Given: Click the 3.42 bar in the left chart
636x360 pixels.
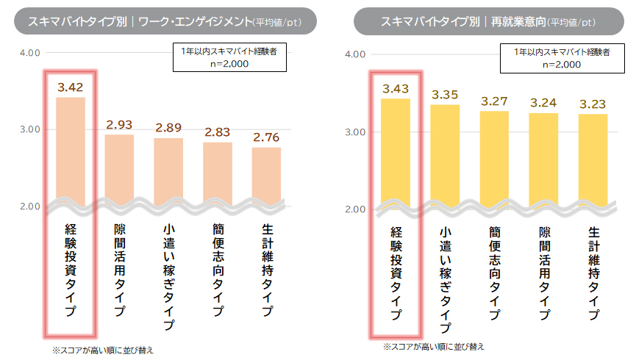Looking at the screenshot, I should click(x=70, y=147).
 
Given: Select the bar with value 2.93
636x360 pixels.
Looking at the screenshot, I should click(x=119, y=166).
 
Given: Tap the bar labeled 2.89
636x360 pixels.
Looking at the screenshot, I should click(x=168, y=168).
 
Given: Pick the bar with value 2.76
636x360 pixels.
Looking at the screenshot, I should click(x=266, y=172).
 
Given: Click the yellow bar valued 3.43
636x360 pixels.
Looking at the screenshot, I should click(x=396, y=150).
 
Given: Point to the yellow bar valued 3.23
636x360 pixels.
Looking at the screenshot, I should click(x=592, y=157).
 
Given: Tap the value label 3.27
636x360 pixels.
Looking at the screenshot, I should click(x=494, y=101).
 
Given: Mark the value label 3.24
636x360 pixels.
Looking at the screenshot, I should click(x=543, y=103).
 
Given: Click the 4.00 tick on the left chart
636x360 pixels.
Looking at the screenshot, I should click(x=29, y=53).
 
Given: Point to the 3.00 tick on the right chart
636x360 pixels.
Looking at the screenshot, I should click(x=354, y=132).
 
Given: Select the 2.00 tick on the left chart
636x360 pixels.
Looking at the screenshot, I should click(x=29, y=206).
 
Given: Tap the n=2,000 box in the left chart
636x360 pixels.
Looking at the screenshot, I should click(x=229, y=58).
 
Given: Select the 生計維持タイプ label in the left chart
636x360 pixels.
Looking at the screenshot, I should click(x=266, y=270).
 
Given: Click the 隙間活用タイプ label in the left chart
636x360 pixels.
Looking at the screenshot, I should click(x=119, y=270).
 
